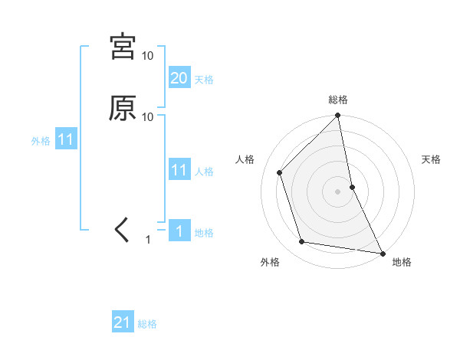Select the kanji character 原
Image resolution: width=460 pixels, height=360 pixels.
[123, 109]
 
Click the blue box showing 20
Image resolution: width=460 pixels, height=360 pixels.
[179, 78]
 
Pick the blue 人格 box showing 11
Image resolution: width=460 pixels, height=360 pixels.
[179, 170]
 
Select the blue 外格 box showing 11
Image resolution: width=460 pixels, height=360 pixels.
[66, 140]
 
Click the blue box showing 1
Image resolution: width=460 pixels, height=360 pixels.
[179, 231]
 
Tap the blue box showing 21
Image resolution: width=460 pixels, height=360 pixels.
[123, 323]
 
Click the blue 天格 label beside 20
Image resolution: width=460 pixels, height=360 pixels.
[204, 80]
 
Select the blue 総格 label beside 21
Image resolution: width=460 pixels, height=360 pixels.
[147, 325]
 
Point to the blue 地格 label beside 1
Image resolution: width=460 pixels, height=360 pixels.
[204, 233]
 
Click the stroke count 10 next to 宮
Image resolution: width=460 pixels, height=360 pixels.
[148, 56]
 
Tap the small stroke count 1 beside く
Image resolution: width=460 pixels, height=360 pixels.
[149, 240]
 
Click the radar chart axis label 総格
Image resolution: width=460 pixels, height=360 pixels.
[338, 100]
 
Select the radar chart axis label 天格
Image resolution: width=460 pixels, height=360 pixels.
[431, 159]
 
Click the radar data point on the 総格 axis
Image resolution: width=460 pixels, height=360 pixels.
[338, 116]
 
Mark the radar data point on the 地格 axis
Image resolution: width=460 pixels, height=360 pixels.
[382, 252]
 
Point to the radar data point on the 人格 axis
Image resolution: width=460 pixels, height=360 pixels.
[280, 172]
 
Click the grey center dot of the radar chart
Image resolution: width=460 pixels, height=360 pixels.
[338, 191]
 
